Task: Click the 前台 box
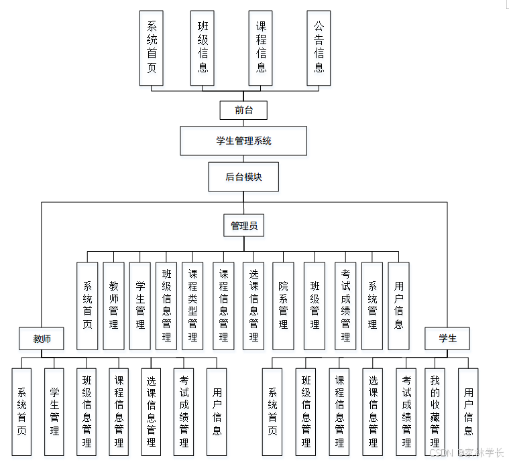coord(243,110)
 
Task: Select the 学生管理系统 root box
coord(243,141)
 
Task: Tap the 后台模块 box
coord(243,177)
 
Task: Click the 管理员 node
coord(243,226)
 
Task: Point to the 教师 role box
coord(42,339)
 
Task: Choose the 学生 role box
coord(447,339)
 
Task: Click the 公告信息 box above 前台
coord(319,48)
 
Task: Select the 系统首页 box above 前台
coord(152,48)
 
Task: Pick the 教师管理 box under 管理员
coord(113,305)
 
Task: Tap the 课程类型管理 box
coord(192,305)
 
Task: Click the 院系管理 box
coord(283,305)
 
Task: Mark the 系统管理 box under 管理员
coord(372,305)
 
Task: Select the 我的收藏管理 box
coord(435,411)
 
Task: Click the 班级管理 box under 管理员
coord(314,305)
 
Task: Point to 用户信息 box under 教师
coord(217,411)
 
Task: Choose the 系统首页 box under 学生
coord(272,411)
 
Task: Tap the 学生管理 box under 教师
coord(54,411)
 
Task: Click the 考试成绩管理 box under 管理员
coord(345,305)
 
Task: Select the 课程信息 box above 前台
coord(261,48)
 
